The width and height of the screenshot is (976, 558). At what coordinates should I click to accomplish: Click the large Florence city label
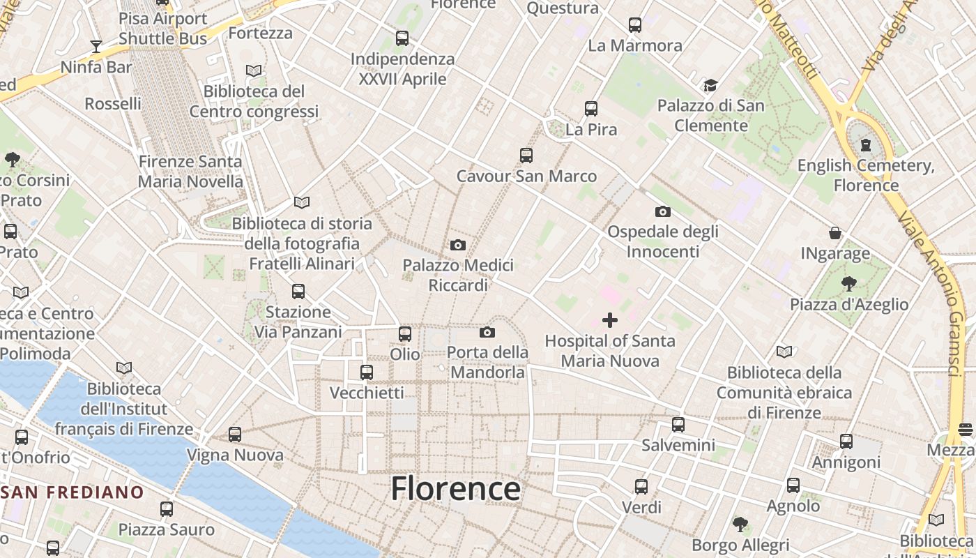[x=455, y=489]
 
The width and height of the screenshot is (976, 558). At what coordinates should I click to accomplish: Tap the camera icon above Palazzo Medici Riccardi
[x=458, y=245]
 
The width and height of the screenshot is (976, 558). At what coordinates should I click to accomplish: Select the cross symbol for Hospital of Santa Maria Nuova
[x=610, y=320]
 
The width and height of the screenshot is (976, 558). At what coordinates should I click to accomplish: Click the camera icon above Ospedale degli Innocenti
[x=662, y=211]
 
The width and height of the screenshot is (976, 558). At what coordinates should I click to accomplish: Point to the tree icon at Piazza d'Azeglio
[x=848, y=284]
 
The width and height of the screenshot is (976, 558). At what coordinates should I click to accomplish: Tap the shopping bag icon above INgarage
[x=835, y=233]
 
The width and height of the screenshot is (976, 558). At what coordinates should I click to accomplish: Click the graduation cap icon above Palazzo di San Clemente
[x=710, y=85]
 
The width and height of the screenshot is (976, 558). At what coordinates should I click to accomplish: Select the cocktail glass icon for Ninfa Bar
[x=96, y=47]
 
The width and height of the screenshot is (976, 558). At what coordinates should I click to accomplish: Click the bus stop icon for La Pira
[x=591, y=109]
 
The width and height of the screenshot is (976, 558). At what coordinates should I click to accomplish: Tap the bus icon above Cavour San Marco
[x=526, y=156]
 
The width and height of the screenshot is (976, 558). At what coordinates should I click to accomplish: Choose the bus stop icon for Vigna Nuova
[x=235, y=435]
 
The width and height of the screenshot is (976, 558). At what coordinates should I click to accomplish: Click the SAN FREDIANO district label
[x=73, y=492]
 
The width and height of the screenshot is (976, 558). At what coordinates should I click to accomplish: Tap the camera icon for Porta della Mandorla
[x=487, y=332]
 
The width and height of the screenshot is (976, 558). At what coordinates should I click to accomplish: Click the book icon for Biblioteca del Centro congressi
[x=254, y=70]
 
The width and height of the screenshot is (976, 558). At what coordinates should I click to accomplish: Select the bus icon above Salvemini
[x=678, y=424]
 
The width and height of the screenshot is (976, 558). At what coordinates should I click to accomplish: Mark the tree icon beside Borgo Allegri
[x=740, y=523]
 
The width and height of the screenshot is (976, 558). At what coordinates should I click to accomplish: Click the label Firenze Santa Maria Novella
[x=190, y=172]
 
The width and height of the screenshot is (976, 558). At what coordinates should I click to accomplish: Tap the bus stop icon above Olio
[x=405, y=334]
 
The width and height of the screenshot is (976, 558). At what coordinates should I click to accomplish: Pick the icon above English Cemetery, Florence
[x=866, y=145]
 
